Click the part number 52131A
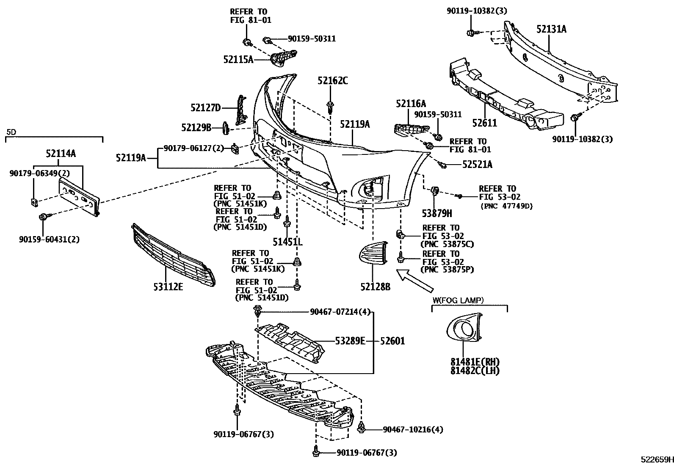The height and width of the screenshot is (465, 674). pos(551,29)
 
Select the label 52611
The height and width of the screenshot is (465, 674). pos(484,123)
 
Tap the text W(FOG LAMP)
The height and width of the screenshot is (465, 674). pos(458,300)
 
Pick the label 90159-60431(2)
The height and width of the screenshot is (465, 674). pos(49,239)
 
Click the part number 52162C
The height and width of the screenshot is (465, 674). pos(333,80)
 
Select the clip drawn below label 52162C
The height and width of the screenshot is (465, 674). pos(330,106)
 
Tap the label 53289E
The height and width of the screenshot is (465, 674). pos(350,341)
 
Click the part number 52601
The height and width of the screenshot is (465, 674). pos(392,341)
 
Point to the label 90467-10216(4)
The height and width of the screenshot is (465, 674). pos(413,429)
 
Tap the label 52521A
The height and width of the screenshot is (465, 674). pos(477,165)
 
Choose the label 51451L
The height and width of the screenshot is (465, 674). pos(287,242)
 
